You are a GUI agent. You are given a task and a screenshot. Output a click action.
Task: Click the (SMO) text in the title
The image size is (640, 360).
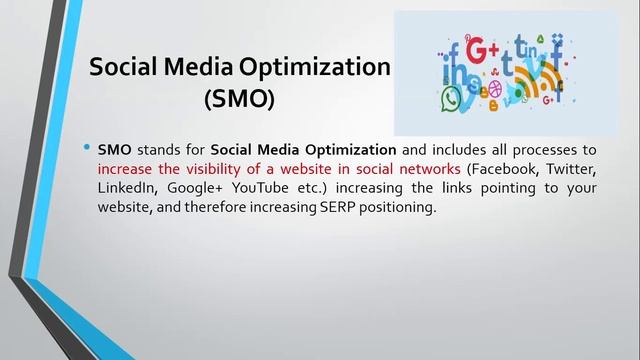pos(238,100)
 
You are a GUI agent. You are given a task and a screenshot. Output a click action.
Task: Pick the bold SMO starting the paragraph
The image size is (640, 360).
pos(114,150)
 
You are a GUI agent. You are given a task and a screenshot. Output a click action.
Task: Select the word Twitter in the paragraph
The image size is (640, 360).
pos(571,169)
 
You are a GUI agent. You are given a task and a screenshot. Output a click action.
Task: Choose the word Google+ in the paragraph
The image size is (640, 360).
pos(196,188)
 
